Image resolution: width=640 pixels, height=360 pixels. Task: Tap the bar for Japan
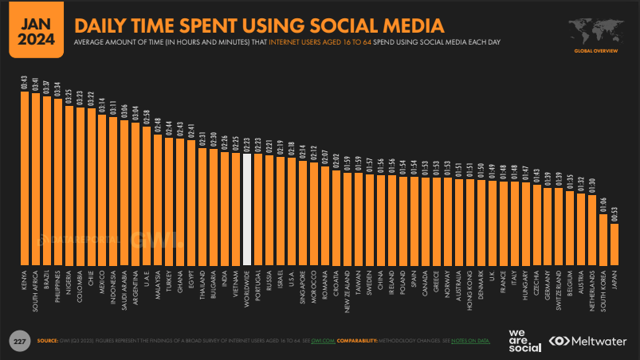(614, 244)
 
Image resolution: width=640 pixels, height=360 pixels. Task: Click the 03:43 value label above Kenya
(25, 83)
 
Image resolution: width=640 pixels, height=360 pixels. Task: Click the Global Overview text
(595, 52)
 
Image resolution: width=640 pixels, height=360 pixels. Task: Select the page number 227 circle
(18, 341)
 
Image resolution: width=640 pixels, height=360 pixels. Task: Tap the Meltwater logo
(589, 341)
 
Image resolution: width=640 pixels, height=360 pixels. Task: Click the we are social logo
(524, 340)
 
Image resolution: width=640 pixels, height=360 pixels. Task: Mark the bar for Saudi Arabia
(125, 192)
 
